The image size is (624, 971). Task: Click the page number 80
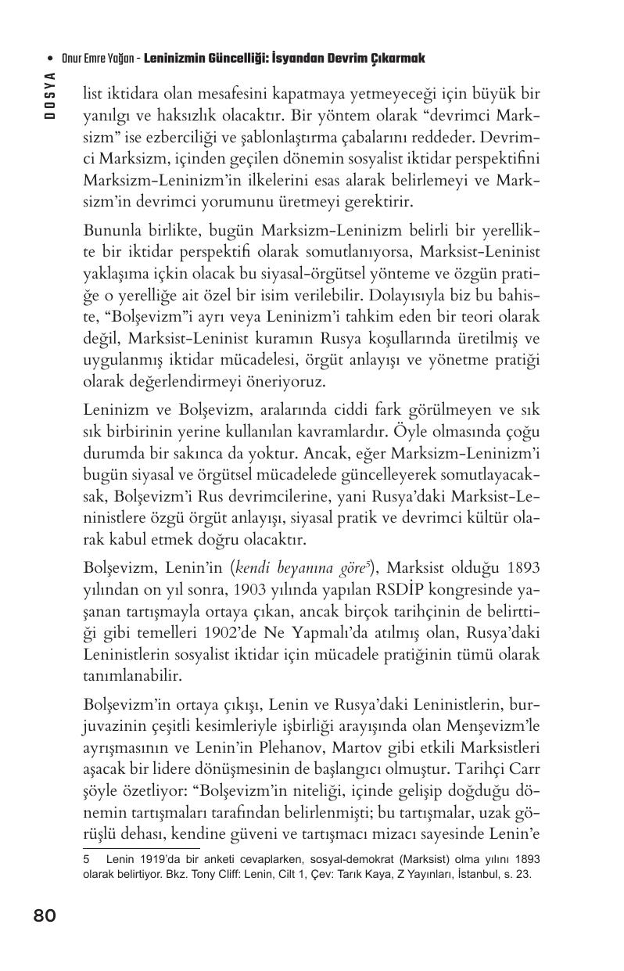[45, 915]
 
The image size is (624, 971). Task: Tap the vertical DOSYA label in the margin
[49, 95]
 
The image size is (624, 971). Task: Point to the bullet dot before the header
[50, 59]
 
